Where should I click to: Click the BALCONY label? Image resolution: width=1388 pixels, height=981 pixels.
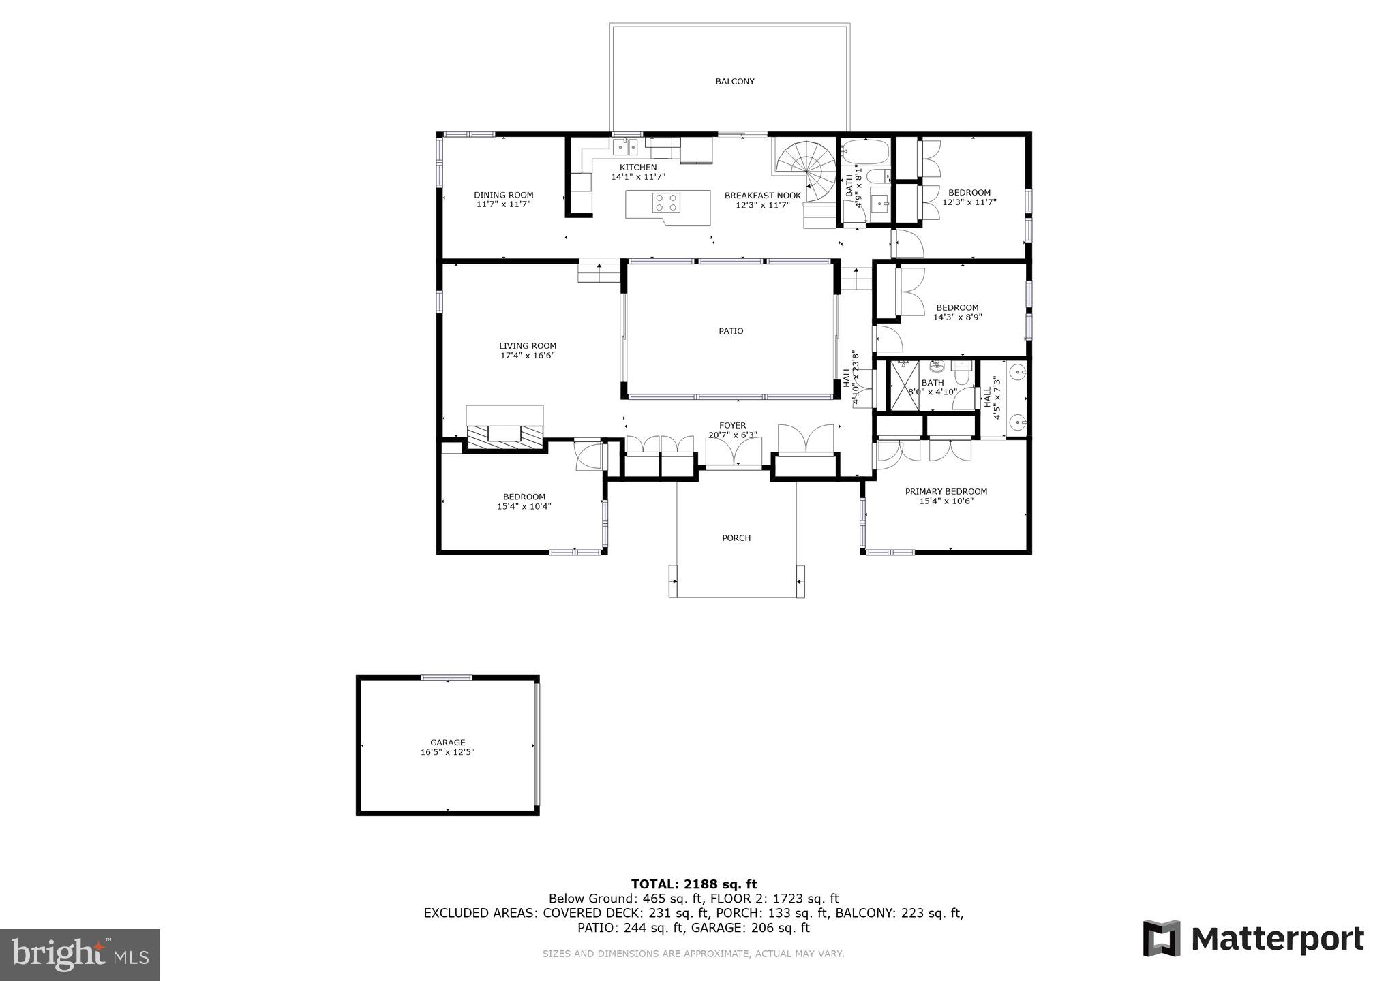tap(734, 82)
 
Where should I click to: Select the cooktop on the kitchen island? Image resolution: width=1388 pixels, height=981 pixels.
tap(666, 202)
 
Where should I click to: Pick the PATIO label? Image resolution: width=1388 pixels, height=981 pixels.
tap(731, 331)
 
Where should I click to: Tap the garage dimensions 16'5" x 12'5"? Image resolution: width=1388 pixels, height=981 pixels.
tap(447, 752)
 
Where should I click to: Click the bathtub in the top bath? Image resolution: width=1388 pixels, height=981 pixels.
tap(864, 150)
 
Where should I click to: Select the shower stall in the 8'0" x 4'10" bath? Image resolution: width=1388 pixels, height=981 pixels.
tap(905, 386)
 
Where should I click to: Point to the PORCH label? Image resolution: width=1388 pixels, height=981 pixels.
tap(736, 538)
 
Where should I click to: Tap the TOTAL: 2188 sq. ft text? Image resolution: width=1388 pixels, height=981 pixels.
tap(693, 884)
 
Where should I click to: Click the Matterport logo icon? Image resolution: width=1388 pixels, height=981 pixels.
tap(1161, 938)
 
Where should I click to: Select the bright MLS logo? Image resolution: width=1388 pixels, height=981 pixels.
tap(80, 954)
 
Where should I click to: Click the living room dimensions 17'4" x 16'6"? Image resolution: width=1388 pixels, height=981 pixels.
tap(527, 356)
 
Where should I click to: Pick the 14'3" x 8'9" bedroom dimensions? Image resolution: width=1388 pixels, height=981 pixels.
tap(957, 317)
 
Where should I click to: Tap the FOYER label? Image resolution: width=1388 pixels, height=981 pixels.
tap(732, 426)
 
